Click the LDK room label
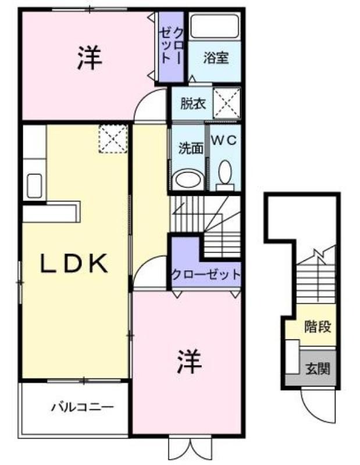[x=74, y=263]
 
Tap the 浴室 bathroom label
[x=216, y=58]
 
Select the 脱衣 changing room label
[x=193, y=104]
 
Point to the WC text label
[x=224, y=140]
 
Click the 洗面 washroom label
[x=191, y=148]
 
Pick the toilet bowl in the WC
[x=225, y=176]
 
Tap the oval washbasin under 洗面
[x=189, y=179]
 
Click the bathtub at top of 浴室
[x=215, y=26]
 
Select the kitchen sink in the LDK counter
[x=34, y=186]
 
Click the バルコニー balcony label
[x=83, y=406]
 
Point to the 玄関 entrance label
[x=318, y=369]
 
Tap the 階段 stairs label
[x=318, y=327]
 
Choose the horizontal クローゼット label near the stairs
[x=206, y=274]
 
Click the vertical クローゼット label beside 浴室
[x=171, y=45]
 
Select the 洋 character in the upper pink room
[x=90, y=58]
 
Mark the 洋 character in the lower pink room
[x=190, y=361]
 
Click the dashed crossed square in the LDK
[x=113, y=139]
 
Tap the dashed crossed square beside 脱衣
[x=227, y=103]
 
